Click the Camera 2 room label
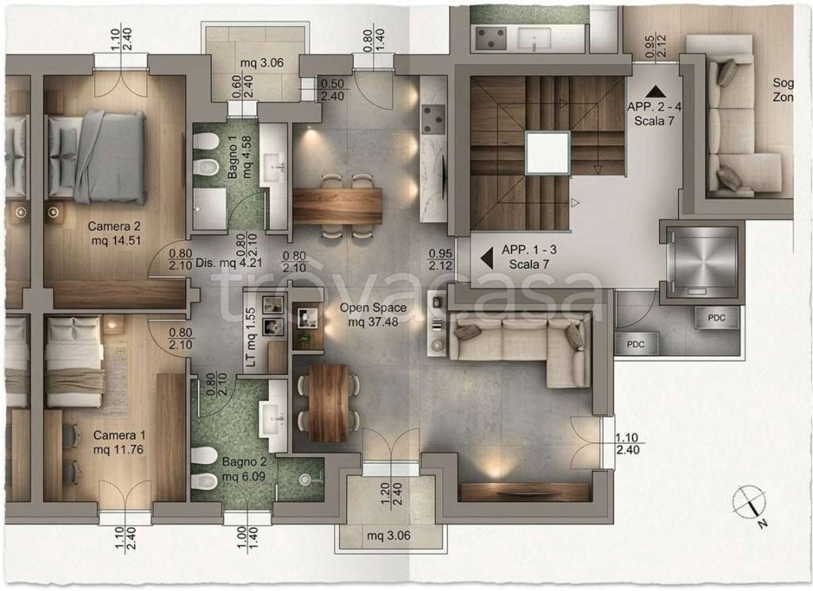point(114,234)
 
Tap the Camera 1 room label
point(119,442)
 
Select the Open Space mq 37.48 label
point(373,315)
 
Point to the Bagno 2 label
point(244,469)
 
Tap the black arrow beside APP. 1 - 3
point(487,258)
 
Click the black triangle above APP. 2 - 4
point(654,92)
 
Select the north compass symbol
point(750,504)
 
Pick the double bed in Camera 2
point(96,156)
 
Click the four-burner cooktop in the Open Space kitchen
point(433,119)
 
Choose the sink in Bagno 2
point(273,415)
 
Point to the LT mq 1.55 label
point(251,338)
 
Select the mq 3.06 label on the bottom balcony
point(389,535)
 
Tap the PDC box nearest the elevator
point(716,318)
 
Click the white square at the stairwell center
point(547,153)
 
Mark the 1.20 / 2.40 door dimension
point(391,493)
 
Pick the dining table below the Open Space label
point(329,403)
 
